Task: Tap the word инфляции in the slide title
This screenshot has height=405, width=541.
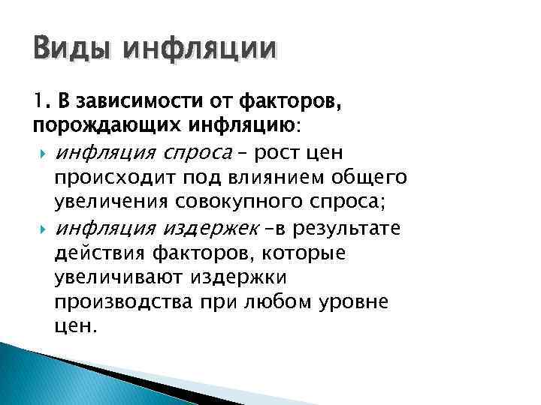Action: coord(201,52)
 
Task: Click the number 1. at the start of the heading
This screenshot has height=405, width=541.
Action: coord(42,100)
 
